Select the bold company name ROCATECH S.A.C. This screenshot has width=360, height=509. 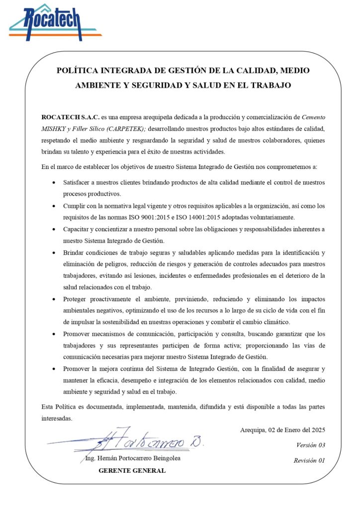pos(70,117)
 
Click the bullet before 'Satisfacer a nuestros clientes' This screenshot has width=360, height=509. pos(54,183)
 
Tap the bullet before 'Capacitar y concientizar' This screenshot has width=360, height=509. pos(54,229)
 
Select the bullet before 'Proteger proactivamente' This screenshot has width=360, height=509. pos(54,299)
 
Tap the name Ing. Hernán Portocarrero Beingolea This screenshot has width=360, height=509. pos(132,458)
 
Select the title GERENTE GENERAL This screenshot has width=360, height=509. pos(132,470)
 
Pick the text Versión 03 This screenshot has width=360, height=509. pos(311,445)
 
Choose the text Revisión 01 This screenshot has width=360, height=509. pos(309,460)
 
